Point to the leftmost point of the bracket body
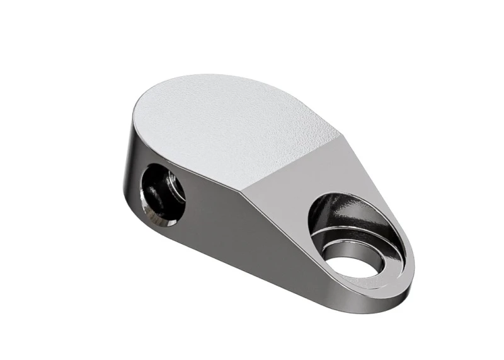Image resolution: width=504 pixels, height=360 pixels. click(122, 189)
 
